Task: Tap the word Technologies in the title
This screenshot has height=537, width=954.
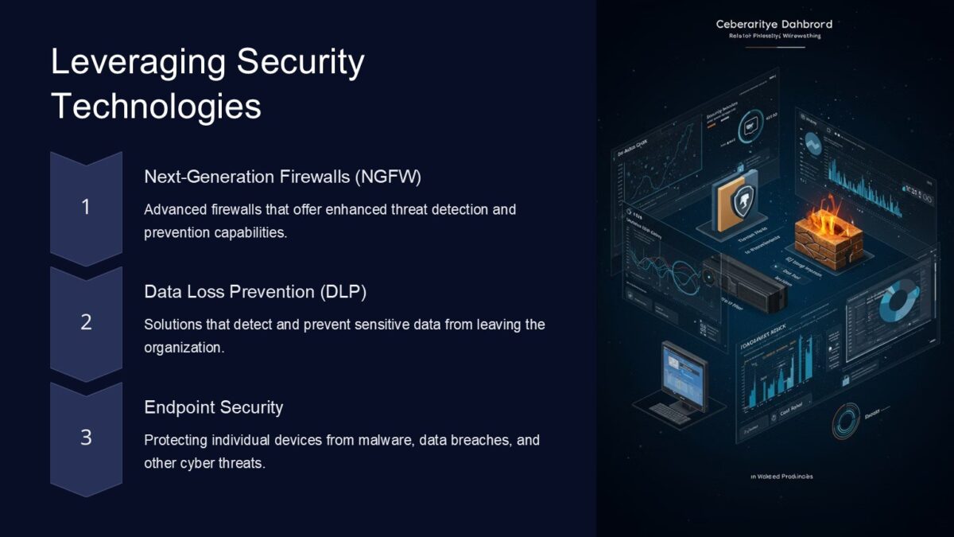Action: coord(156,106)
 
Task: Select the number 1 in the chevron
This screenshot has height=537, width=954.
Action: coord(86,208)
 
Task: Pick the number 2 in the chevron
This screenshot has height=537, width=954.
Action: coord(86,322)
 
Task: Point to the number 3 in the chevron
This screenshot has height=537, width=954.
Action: coord(86,438)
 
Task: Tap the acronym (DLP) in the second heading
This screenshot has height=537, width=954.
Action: coord(343,292)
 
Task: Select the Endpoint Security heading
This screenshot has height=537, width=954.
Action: coord(213,407)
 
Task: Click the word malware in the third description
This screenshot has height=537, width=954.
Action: coord(386,440)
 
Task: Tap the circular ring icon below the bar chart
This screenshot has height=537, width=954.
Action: coord(846,421)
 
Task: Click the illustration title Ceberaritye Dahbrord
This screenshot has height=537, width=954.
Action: coord(774,25)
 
